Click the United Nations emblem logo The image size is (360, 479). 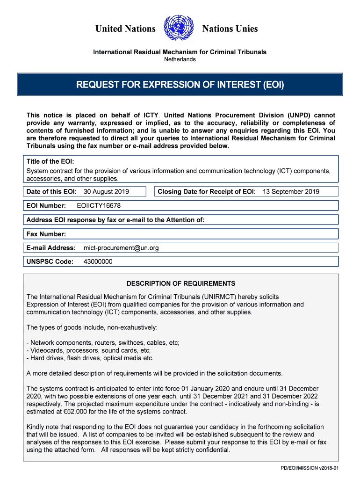coord(179,29)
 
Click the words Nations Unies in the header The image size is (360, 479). coord(230,29)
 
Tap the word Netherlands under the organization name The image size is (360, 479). coord(180,59)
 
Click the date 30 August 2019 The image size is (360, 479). coord(106,191)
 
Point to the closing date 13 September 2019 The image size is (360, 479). coord(291,191)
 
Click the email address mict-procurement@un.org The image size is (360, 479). coord(121,247)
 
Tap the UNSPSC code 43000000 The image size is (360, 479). coord(98,261)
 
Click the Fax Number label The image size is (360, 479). coord(46,233)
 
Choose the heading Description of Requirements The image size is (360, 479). coord(181,283)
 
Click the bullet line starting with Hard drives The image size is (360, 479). coord(90,358)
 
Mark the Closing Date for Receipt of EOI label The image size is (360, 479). coord(207,191)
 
